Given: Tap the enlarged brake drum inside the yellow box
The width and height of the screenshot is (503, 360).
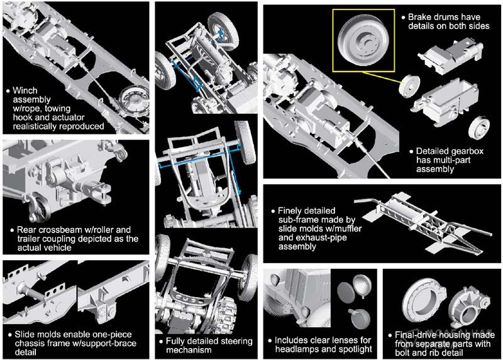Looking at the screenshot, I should click(360, 36).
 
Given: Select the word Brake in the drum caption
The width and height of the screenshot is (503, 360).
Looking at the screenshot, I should click(422, 17).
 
